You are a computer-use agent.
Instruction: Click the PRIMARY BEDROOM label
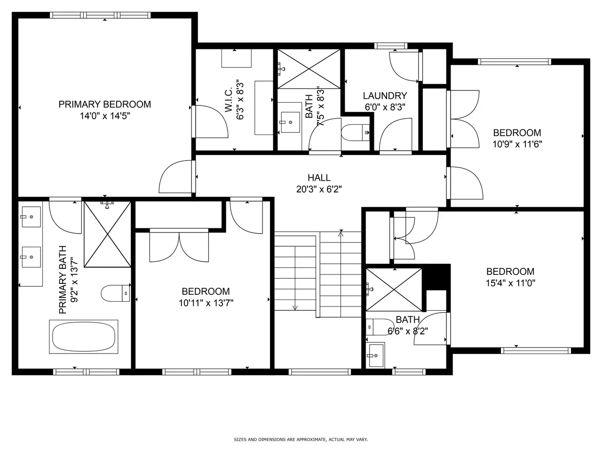[104, 104]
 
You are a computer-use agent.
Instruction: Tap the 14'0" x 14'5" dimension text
[104, 116]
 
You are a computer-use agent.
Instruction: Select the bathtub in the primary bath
[84, 337]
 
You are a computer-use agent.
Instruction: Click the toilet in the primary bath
[115, 293]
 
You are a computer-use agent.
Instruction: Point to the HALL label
[319, 178]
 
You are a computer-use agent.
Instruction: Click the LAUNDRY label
[385, 96]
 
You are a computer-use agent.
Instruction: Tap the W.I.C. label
[229, 100]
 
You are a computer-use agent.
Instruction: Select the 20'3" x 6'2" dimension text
[319, 189]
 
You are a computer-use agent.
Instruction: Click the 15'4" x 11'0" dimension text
[510, 283]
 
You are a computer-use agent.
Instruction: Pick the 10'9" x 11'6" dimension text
[517, 144]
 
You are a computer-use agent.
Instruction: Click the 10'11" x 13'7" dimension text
[206, 303]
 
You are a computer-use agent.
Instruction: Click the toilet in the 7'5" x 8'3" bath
[355, 133]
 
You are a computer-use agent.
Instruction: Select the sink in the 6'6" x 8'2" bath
[375, 355]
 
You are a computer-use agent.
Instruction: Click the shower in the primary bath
[107, 234]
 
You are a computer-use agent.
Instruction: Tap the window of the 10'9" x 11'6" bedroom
[515, 62]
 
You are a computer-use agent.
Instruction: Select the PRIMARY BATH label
[63, 280]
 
